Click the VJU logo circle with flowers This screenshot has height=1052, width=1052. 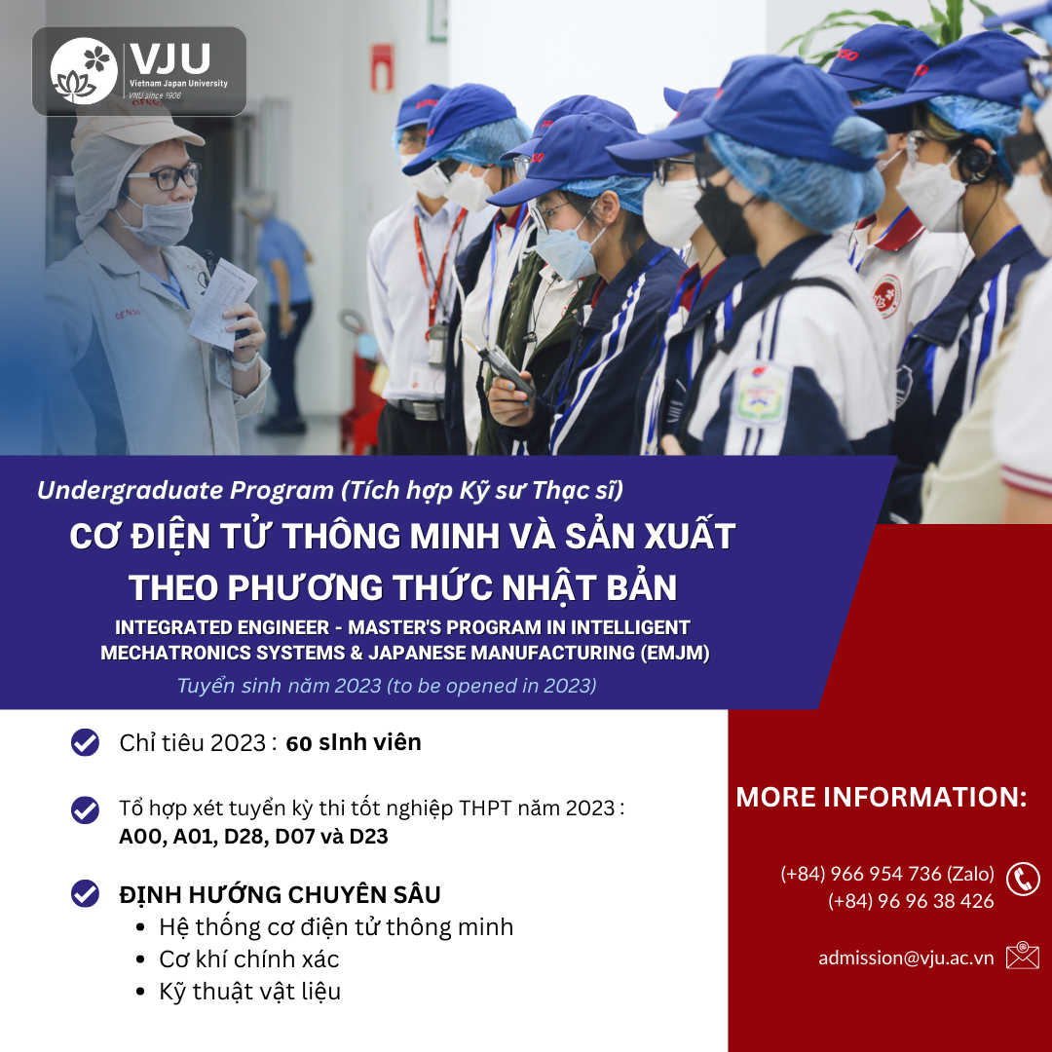(x=84, y=71)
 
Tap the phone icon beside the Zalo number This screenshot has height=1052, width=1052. (x=1023, y=879)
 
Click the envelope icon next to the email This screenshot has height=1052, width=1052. (x=1023, y=956)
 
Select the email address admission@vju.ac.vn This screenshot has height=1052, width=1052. (x=906, y=958)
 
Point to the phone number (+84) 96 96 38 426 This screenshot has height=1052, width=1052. (x=911, y=900)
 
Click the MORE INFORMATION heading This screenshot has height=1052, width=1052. (x=881, y=797)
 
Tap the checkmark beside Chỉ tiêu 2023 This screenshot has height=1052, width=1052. (x=85, y=742)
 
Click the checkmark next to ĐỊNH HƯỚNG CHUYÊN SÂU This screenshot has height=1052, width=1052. (x=85, y=893)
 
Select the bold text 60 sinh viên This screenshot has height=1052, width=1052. (x=354, y=742)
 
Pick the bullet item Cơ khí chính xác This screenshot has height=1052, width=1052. (x=249, y=959)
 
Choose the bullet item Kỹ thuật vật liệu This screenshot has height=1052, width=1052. (x=249, y=992)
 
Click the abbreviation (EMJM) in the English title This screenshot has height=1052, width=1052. (x=674, y=653)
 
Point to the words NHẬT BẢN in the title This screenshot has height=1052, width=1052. (x=589, y=587)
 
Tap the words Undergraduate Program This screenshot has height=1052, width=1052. (x=185, y=490)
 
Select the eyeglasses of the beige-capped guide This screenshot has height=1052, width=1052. (x=165, y=177)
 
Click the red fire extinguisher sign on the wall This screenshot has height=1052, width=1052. (x=382, y=68)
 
